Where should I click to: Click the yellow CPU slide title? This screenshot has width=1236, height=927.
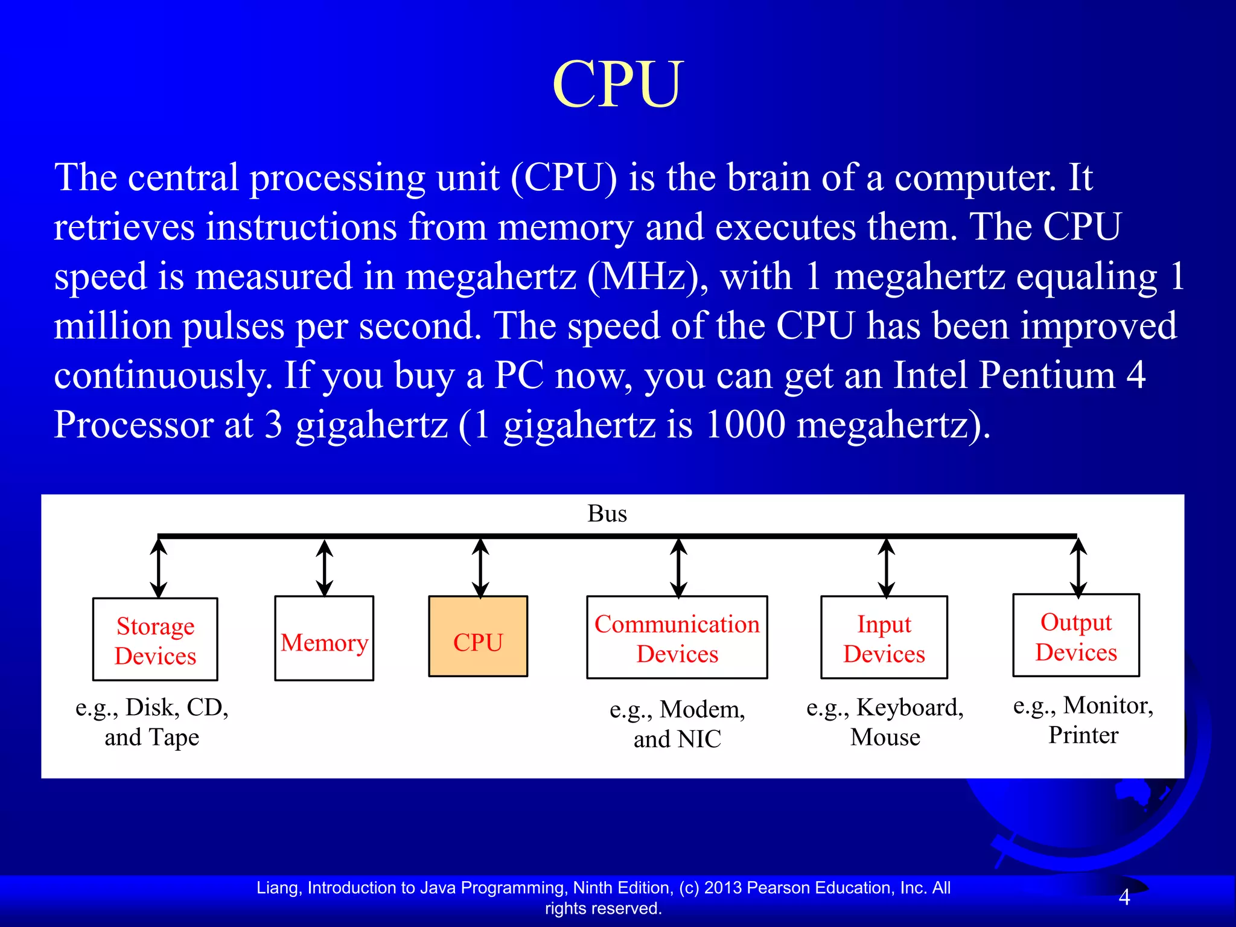617,84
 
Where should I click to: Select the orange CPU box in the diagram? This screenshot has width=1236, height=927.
478,637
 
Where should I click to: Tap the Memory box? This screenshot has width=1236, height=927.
324,639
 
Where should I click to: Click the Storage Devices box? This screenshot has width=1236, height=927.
155,640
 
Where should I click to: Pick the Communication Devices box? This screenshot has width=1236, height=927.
677,638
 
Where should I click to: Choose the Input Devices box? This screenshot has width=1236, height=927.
884,638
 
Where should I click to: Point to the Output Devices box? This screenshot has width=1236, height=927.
1076,636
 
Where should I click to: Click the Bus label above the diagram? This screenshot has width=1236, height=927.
607,514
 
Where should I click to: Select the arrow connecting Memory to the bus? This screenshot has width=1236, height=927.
325,568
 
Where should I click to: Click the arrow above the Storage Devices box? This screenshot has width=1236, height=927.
159,568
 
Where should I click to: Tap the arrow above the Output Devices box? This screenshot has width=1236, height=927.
1078,567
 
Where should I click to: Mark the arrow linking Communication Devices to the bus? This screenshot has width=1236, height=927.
679,568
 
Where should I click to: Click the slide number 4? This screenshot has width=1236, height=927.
1124,897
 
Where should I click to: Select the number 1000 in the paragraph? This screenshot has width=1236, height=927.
745,424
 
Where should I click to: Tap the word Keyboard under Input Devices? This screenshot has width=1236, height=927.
909,707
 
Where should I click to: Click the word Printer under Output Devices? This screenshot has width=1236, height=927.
1083,735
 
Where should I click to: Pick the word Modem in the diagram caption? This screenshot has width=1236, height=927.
702,710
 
